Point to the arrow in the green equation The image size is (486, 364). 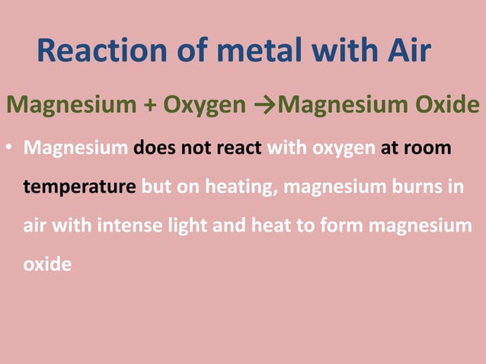(x=268, y=104)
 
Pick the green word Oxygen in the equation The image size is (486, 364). (x=203, y=104)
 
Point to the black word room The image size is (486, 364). (x=430, y=146)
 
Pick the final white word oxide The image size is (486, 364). (x=47, y=266)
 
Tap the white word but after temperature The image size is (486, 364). (x=157, y=187)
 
